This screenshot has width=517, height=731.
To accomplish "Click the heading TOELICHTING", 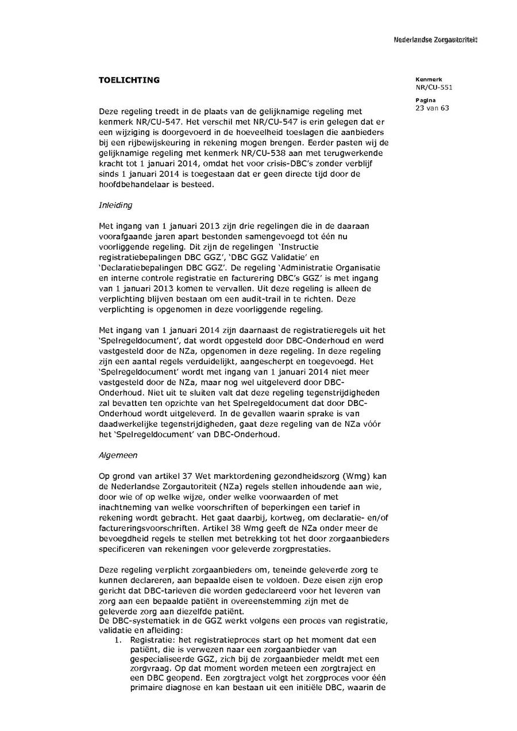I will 129,80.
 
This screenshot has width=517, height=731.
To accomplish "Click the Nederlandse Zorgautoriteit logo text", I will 435,40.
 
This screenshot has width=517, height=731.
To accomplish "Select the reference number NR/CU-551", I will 434,88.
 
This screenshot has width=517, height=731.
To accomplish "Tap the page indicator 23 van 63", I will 433,108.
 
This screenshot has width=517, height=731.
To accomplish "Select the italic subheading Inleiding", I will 115,205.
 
